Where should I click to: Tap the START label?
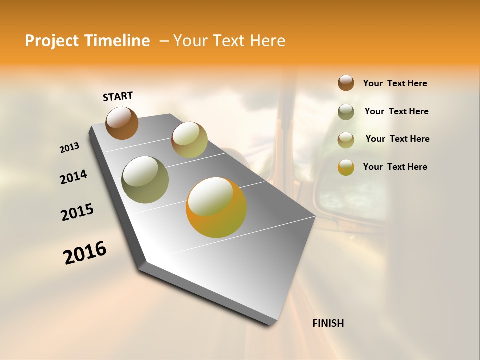tap(118, 96)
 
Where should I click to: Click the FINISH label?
tap(328, 323)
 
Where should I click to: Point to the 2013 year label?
tap(70, 148)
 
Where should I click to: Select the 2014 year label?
tap(74, 177)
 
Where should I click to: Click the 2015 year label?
tap(77, 212)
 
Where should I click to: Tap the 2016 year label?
tap(85, 253)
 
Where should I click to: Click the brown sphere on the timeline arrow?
tap(122, 123)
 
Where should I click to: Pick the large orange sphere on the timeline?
tap(216, 207)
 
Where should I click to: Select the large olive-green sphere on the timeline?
tap(145, 180)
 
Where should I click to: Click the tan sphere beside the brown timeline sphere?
tap(189, 140)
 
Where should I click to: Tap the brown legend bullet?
tap(346, 83)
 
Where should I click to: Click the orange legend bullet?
tap(346, 167)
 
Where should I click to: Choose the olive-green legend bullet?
tap(346, 111)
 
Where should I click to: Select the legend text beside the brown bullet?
tap(395, 84)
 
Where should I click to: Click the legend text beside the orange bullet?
tap(395, 167)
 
